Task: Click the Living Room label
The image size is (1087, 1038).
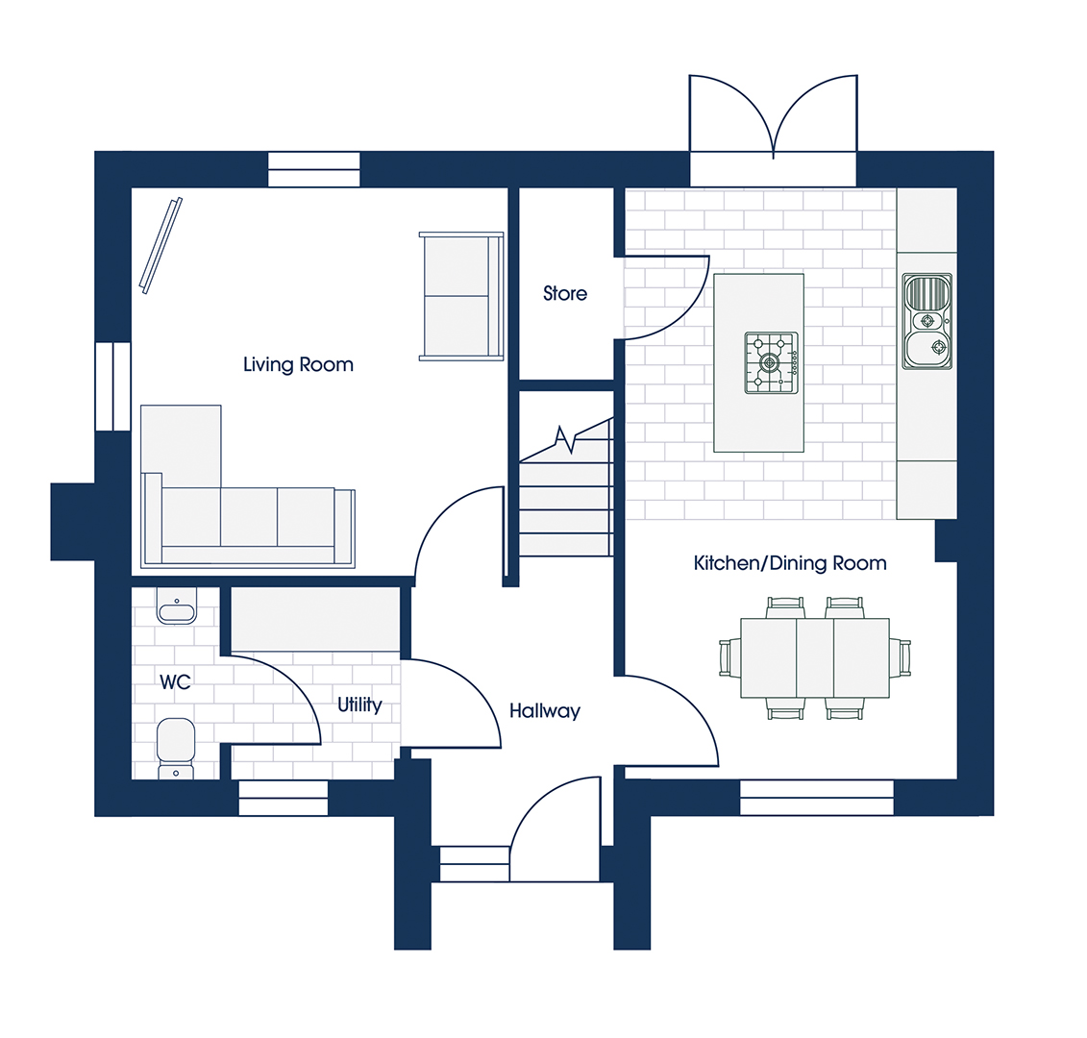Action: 298,364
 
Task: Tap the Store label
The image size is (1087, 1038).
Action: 565,293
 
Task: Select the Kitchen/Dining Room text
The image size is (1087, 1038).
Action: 790,563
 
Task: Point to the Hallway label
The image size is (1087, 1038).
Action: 544,711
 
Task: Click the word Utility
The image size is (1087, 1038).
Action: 359,705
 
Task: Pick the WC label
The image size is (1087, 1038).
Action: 175,682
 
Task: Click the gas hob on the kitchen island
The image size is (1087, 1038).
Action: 771,362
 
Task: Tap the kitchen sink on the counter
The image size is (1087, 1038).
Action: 927,321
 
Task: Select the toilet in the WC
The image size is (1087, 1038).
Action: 176,748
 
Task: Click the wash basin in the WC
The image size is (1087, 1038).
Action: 177,606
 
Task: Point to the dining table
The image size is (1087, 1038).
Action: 815,658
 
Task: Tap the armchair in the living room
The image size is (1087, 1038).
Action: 461,296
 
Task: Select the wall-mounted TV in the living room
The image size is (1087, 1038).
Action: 161,245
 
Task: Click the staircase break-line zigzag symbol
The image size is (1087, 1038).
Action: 565,438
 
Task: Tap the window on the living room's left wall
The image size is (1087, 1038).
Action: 112,385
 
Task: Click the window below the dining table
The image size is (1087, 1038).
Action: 817,798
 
